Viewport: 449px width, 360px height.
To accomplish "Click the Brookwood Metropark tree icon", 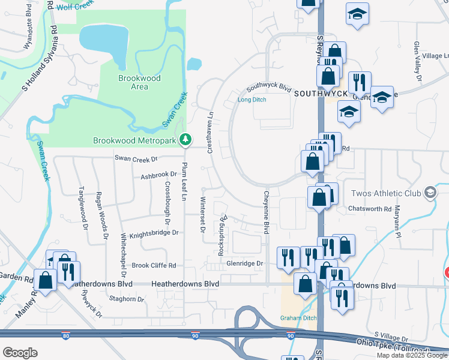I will pos(186,140).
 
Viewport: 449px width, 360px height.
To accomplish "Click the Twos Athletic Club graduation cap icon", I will pos(429,193).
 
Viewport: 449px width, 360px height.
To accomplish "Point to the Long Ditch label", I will pos(251,100).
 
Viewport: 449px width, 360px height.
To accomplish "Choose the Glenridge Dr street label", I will pos(245,263).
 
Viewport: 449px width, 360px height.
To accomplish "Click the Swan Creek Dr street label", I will pos(136,159).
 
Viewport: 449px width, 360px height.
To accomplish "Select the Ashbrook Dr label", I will pos(158,176).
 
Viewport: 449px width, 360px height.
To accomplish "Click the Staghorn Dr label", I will pos(126,298).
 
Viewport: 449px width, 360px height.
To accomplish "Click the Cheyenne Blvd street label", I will pos(265,212).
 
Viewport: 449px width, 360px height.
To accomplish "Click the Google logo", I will pos(20,353).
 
